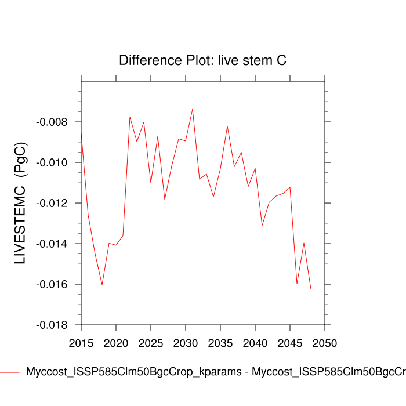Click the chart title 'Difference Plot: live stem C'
pyautogui.click(x=202, y=60)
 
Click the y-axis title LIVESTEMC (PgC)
pyautogui.click(x=21, y=203)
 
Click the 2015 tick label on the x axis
pyautogui.click(x=81, y=343)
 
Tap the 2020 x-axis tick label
pyautogui.click(x=116, y=343)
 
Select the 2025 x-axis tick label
pyautogui.click(x=151, y=343)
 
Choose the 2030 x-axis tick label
pyautogui.click(x=186, y=343)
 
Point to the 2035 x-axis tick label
pyautogui.click(x=220, y=343)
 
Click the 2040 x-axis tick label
pyautogui.click(x=255, y=343)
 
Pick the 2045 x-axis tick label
pyautogui.click(x=290, y=343)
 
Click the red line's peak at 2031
pyautogui.click(x=193, y=109)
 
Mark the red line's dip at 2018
pyautogui.click(x=102, y=284)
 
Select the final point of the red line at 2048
pyautogui.click(x=311, y=289)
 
